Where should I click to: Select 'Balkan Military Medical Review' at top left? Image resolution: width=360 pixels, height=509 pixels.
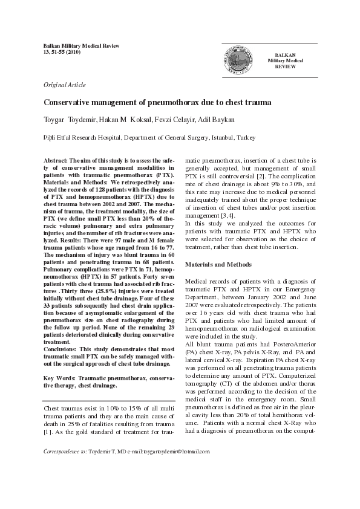(82, 46)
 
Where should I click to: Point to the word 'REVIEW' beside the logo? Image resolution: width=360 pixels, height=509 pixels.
(286, 66)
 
